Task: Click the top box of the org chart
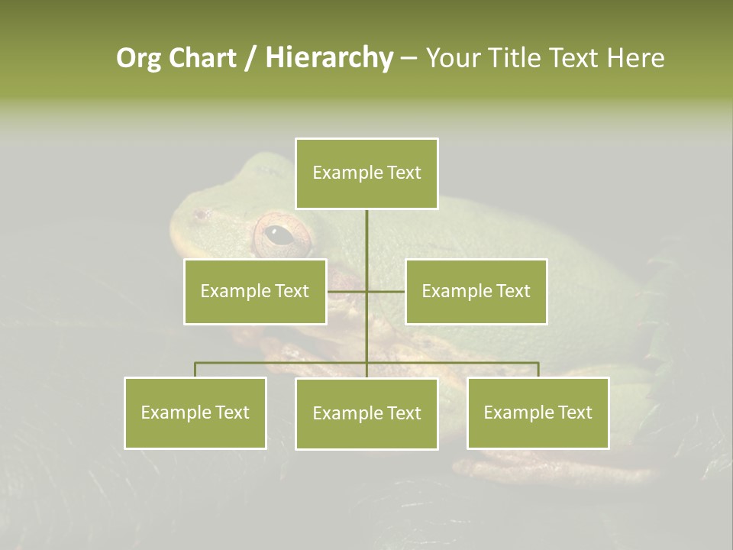(x=366, y=173)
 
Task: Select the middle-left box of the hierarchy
(x=255, y=291)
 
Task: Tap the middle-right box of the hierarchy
(x=476, y=291)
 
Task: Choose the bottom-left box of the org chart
(x=195, y=412)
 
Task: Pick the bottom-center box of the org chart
(x=366, y=413)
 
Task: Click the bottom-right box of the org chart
(x=538, y=412)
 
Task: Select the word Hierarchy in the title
(x=329, y=58)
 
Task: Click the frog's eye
(x=280, y=235)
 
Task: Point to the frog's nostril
(x=200, y=215)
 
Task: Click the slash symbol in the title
(x=250, y=58)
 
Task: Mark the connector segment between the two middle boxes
(x=366, y=291)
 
